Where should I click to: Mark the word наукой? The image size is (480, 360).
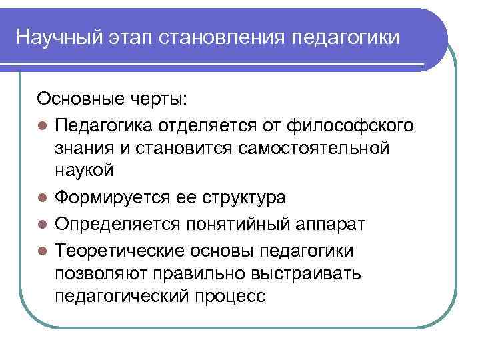point(85,171)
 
